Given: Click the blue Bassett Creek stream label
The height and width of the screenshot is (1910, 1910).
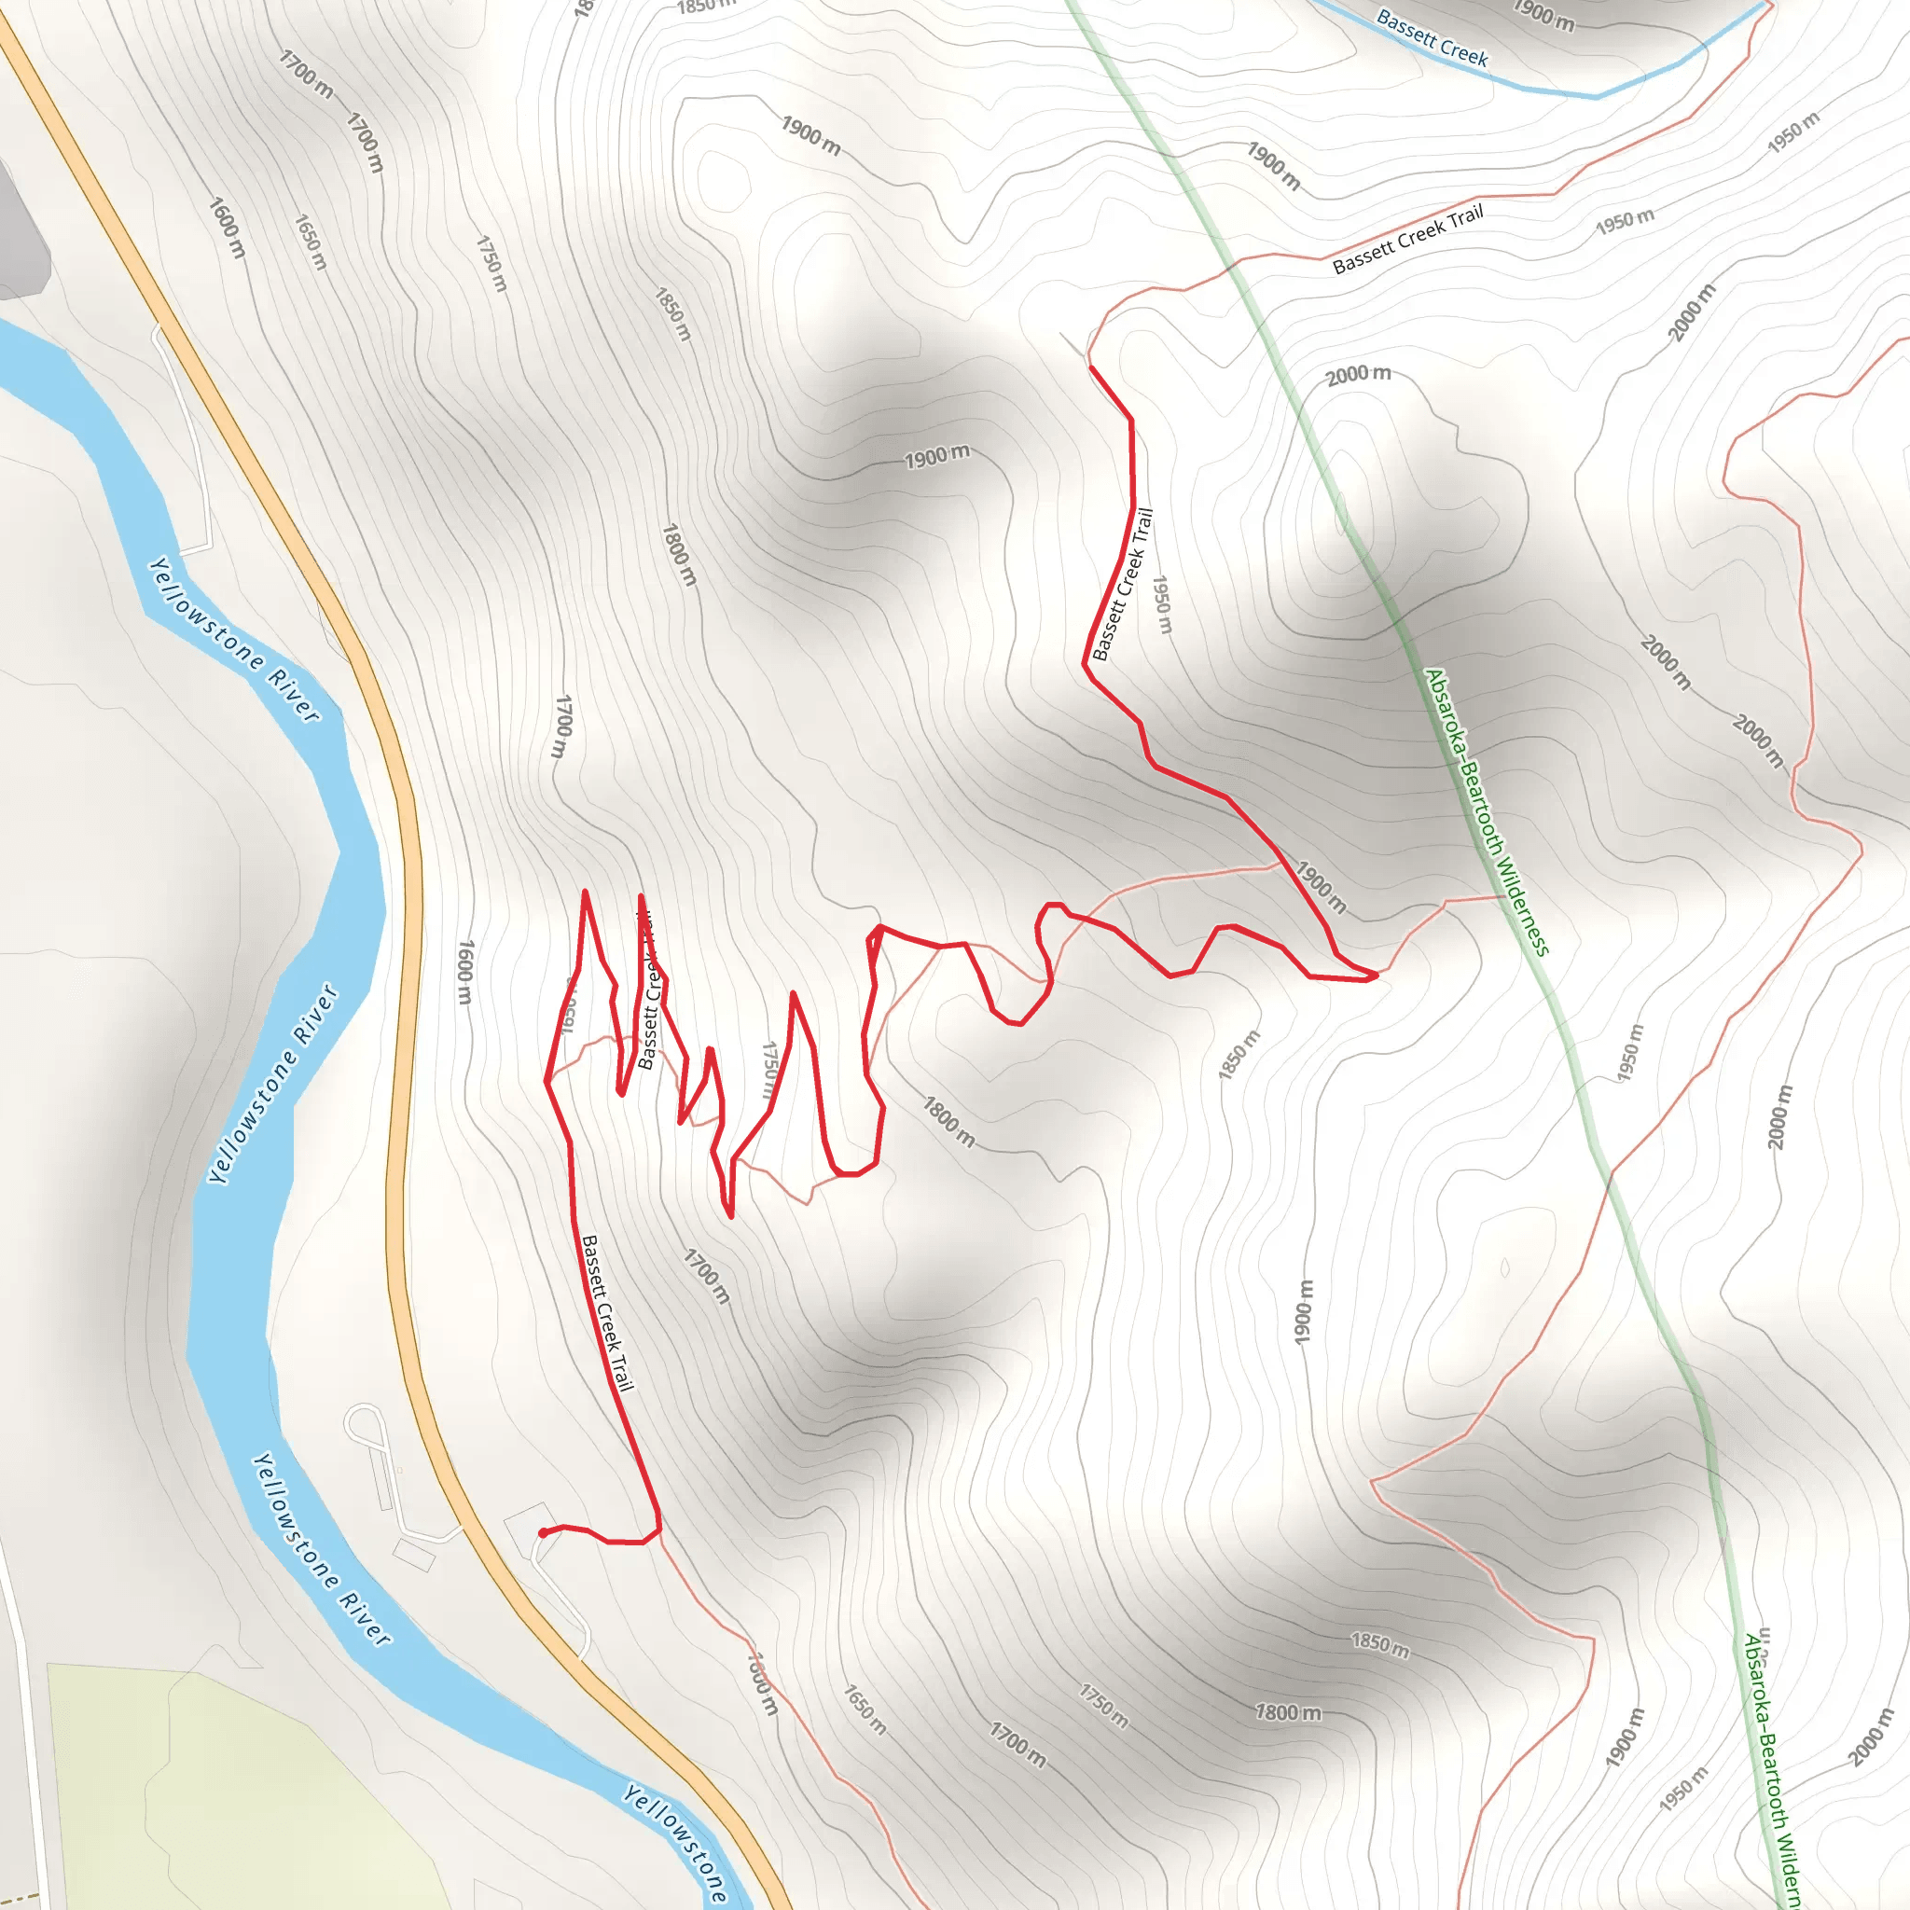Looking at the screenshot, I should point(1432,38).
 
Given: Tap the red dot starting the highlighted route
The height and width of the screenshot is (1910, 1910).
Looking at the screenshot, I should point(543,1533).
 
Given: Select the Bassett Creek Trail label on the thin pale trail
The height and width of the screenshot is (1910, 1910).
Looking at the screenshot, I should point(1406,241).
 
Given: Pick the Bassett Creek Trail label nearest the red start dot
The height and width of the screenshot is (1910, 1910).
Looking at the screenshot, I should point(606,1313).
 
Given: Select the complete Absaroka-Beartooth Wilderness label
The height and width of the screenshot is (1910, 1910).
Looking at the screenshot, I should point(1485,811).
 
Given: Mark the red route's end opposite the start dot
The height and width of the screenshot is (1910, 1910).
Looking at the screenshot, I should point(1091,367).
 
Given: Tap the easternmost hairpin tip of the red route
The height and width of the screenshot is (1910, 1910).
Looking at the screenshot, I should point(1374,976).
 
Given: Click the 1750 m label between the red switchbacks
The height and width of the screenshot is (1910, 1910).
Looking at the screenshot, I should point(769,1070).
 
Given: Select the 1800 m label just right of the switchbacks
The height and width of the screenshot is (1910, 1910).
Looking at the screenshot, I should point(949,1121).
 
